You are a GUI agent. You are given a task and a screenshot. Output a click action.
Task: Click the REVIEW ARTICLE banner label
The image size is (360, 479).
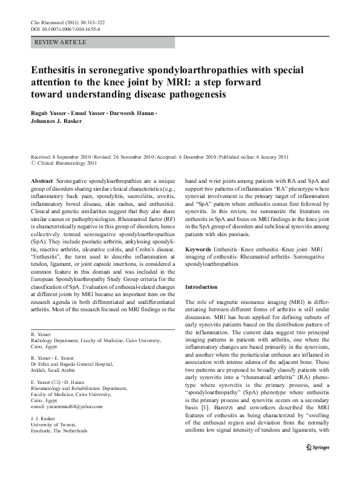point(61,42)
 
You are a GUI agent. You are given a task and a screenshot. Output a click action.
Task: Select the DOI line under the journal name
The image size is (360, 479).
point(65,29)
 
